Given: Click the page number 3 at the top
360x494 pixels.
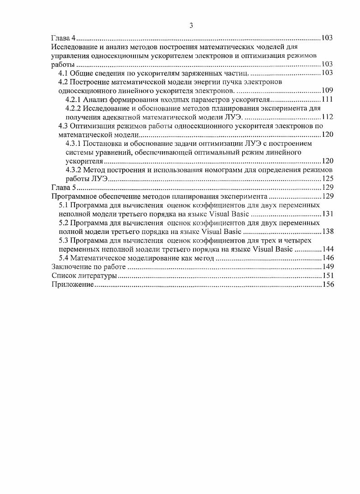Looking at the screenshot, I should (x=192, y=26).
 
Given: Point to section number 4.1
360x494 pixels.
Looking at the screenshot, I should (x=65, y=73).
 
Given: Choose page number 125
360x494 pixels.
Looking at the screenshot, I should (x=327, y=179).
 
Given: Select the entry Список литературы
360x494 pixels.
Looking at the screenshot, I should (x=84, y=276).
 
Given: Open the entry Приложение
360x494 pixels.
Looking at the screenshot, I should (x=73, y=285).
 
